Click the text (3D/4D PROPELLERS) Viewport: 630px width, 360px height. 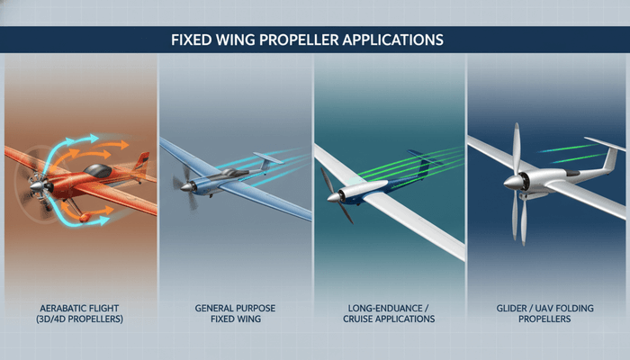pyautogui.click(x=80, y=319)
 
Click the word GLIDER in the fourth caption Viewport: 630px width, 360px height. pyautogui.click(x=514, y=308)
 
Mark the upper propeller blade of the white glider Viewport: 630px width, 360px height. pyautogui.click(x=516, y=148)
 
